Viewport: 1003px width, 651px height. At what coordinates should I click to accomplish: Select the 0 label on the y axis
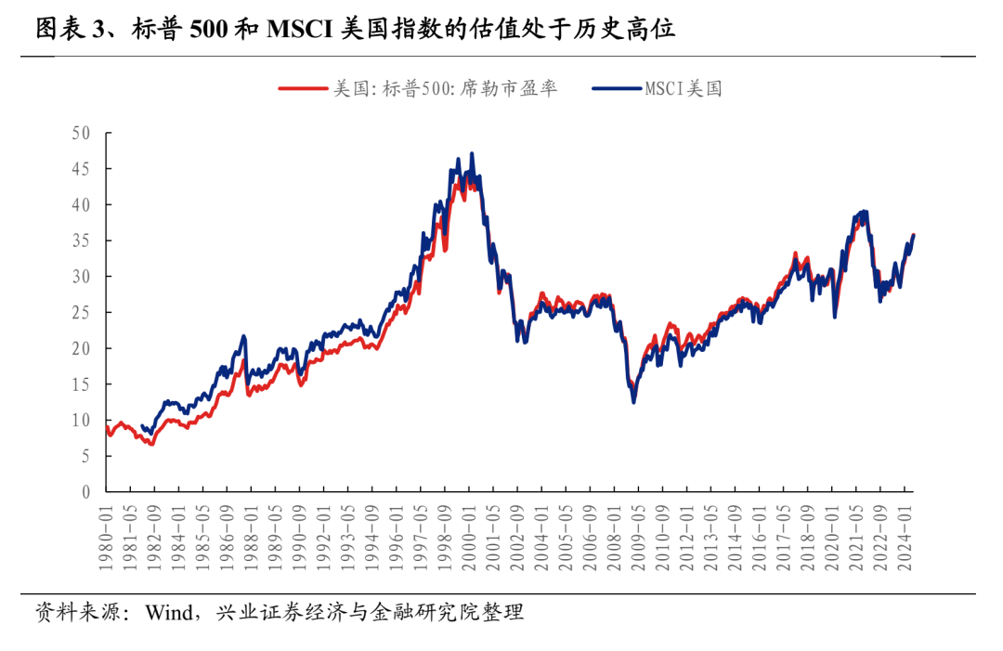coord(85,492)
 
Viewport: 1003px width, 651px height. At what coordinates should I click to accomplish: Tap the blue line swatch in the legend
coord(616,89)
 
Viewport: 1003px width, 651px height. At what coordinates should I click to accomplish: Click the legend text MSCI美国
coord(684,89)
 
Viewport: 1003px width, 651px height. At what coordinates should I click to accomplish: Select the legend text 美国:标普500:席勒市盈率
coord(446,89)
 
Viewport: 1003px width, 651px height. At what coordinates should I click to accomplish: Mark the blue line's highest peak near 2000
coord(472,154)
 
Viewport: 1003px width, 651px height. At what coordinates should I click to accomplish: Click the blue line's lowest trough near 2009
coord(633,401)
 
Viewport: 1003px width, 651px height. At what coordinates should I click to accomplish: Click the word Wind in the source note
coord(169,612)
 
